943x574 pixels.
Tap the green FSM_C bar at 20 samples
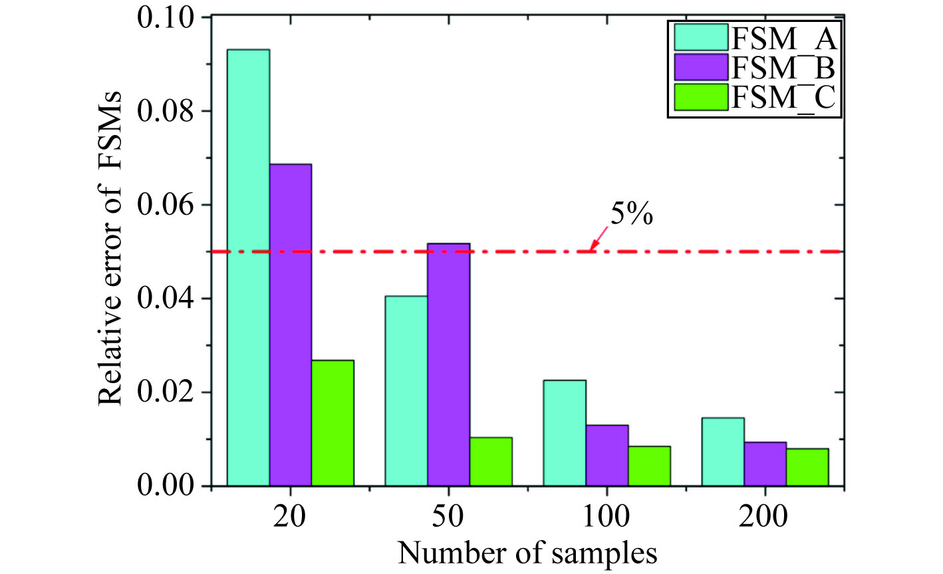coord(333,423)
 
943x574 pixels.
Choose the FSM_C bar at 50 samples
coord(491,462)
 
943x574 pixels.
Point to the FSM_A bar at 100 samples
coord(565,433)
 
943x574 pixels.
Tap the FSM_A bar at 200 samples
coord(723,452)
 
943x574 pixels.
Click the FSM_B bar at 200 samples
coord(765,464)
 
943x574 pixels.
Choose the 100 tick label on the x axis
coord(606,515)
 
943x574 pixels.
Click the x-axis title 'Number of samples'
coord(527,551)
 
